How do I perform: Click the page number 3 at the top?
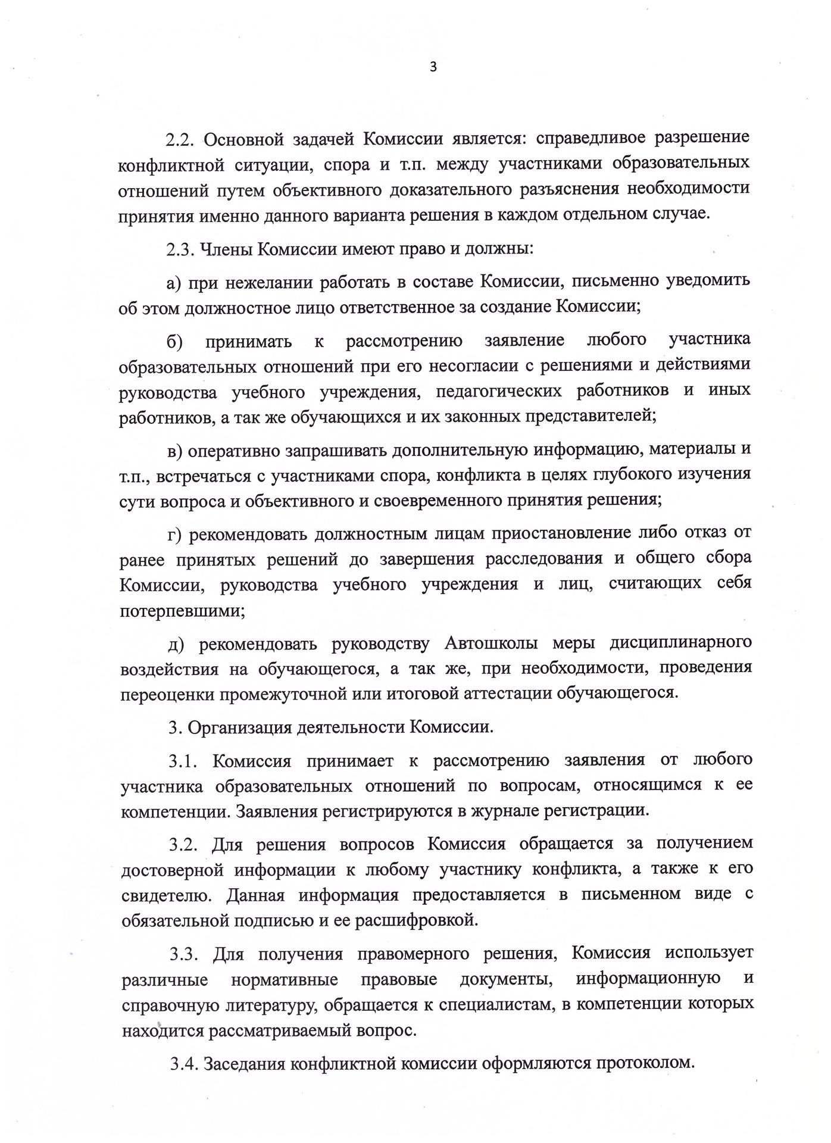tap(433, 67)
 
